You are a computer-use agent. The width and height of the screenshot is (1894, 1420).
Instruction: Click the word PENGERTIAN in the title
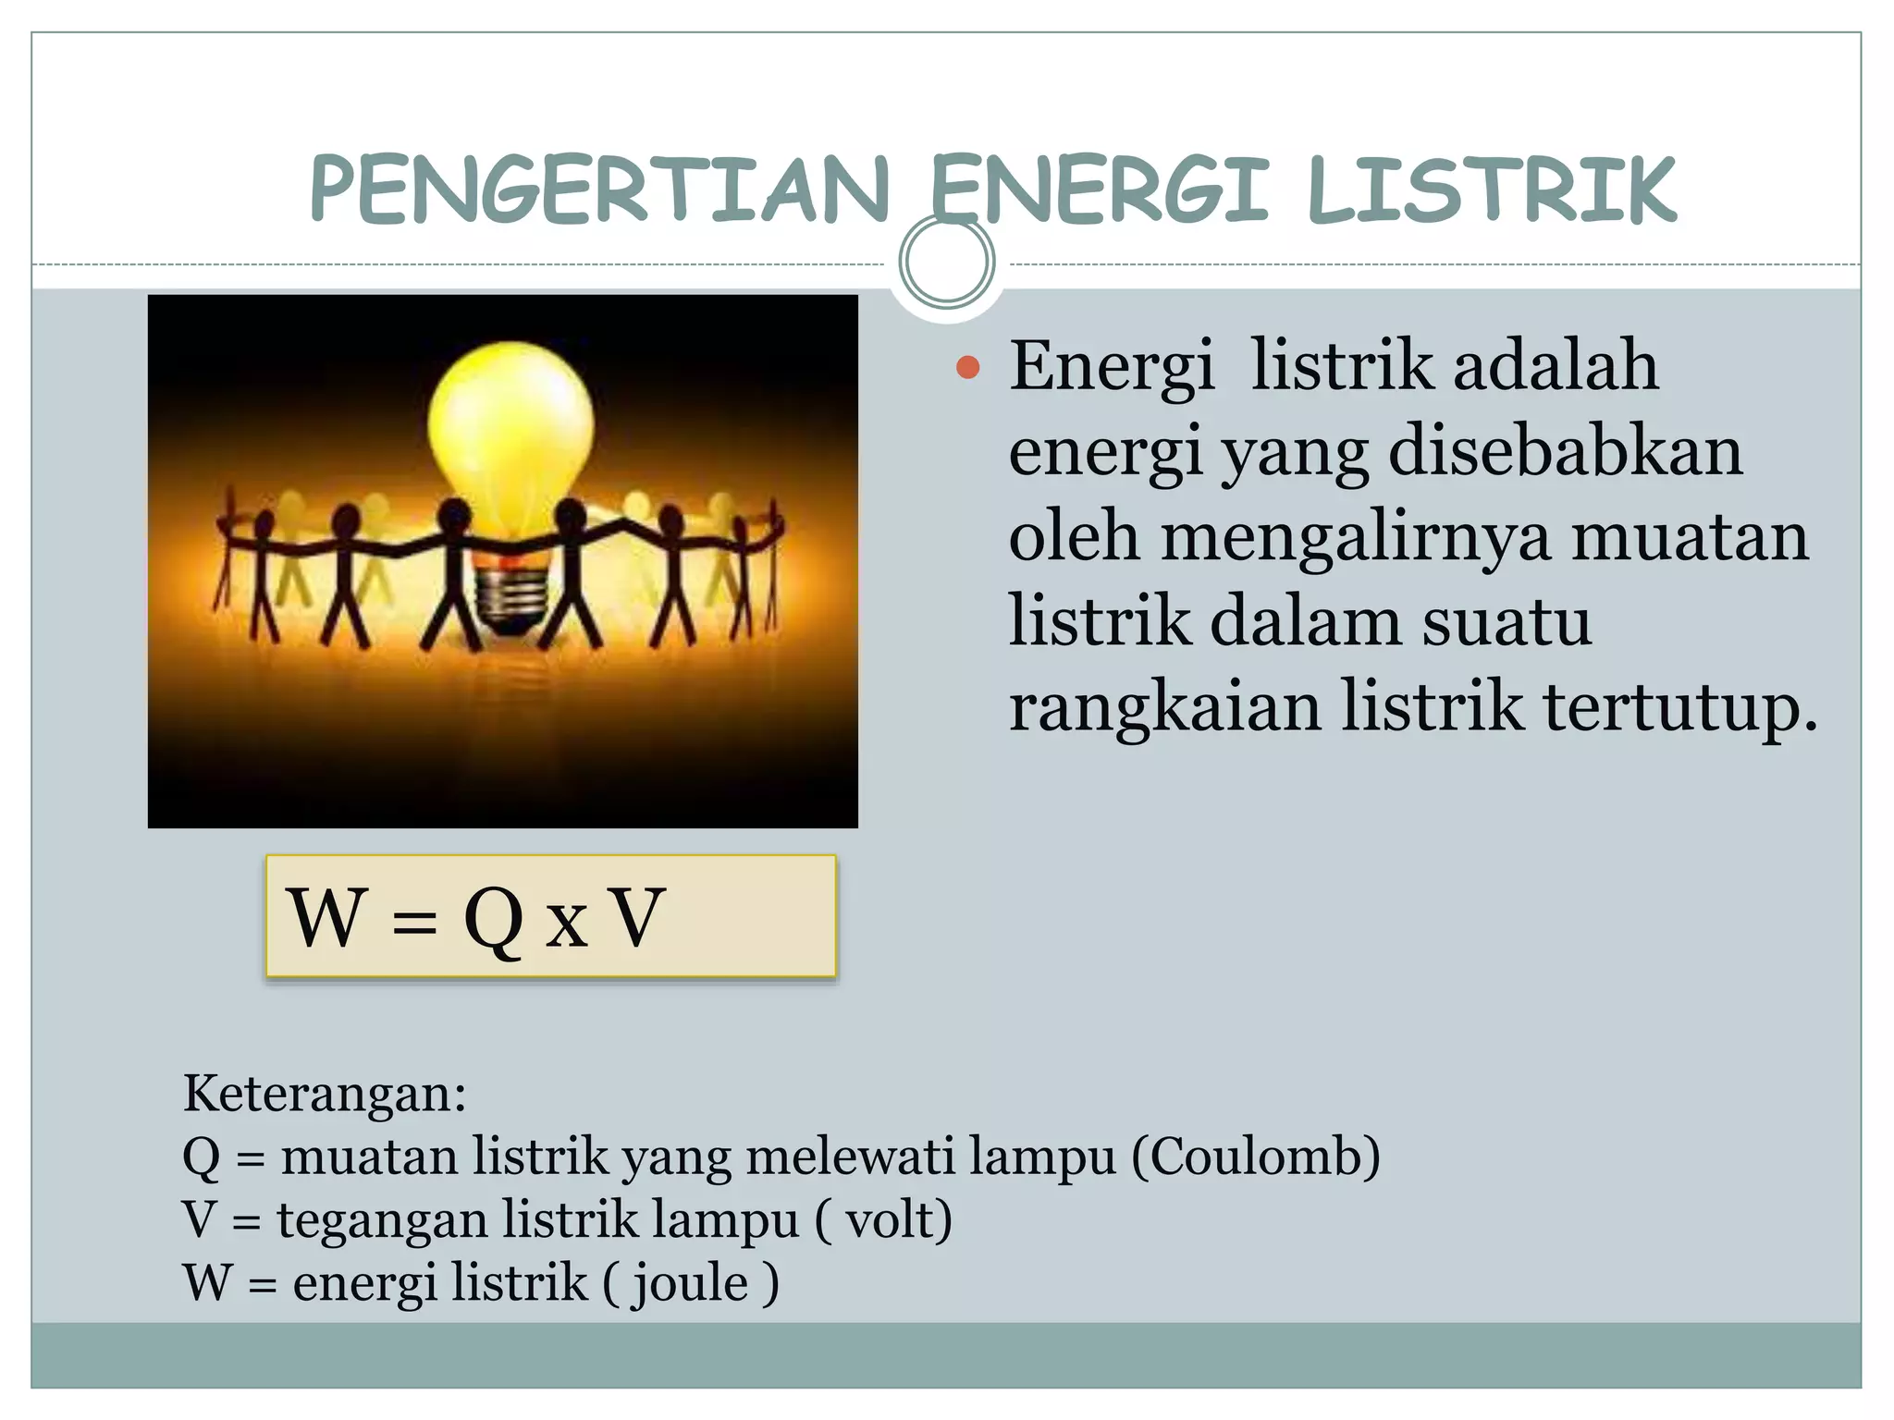pyautogui.click(x=599, y=190)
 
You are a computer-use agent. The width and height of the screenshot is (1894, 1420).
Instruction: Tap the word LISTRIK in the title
pyautogui.click(x=1492, y=190)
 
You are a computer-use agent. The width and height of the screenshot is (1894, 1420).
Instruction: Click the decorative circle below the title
pyautogui.click(x=946, y=262)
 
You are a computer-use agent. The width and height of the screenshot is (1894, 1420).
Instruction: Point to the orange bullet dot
pyautogui.click(x=967, y=368)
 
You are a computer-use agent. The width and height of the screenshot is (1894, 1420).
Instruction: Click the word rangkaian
pyautogui.click(x=1164, y=707)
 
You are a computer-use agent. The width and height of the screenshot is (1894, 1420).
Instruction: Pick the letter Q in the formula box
pyautogui.click(x=493, y=919)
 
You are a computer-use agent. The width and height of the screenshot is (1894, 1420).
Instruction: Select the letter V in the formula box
pyautogui.click(x=638, y=917)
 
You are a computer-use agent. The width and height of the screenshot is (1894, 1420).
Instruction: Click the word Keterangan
pyautogui.click(x=324, y=1094)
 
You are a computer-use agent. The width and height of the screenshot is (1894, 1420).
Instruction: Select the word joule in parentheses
pyautogui.click(x=690, y=1282)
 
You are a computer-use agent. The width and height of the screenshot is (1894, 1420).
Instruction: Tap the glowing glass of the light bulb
pyautogui.click(x=510, y=425)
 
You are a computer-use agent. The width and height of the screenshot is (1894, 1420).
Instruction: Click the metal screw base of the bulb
pyautogui.click(x=508, y=599)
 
